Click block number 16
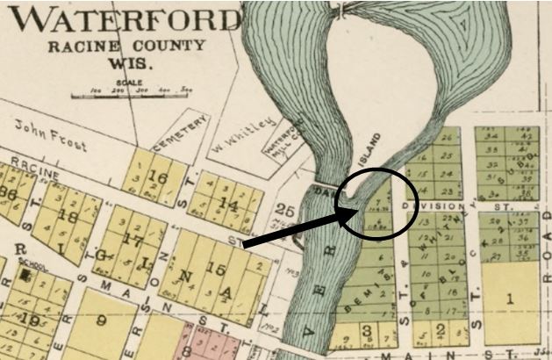159,177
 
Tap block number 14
229,205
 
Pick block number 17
133,239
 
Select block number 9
102,320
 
